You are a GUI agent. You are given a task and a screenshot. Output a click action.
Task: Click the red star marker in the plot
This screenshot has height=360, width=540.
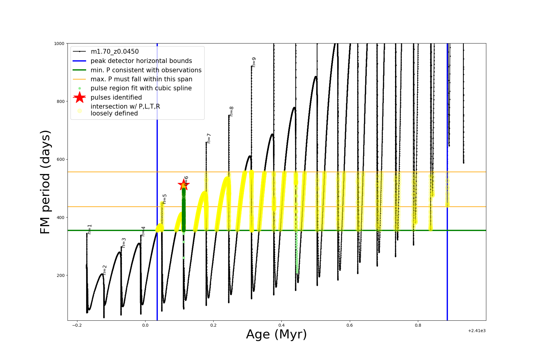coord(183,184)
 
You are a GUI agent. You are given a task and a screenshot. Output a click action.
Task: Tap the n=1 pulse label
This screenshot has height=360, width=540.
coord(89,229)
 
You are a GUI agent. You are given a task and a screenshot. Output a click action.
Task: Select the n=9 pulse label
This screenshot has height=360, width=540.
coord(254,62)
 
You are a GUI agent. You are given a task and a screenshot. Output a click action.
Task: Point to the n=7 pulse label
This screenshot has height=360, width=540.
coord(209,138)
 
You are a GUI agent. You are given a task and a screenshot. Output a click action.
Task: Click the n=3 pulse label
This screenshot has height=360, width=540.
coord(124,243)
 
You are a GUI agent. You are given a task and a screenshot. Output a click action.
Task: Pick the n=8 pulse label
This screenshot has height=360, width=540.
coord(231,111)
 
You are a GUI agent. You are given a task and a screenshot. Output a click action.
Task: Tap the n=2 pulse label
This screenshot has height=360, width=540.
coord(104,270)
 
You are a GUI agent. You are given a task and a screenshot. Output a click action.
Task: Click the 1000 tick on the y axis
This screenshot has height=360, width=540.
coord(59,43)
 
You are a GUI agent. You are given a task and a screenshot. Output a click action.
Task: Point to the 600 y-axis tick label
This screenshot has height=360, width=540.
coord(61,159)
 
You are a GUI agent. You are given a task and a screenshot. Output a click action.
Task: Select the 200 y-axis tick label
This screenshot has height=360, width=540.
coord(61,275)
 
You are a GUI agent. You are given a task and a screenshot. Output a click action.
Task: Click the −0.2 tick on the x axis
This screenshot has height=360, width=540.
coord(77,325)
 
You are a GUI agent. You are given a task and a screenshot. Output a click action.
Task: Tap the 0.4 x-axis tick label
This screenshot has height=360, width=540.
coord(281,325)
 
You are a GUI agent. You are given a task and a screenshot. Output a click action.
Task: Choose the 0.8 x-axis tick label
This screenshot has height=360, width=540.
coord(418,325)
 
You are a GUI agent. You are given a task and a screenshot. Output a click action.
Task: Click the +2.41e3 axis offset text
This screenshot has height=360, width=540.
coord(477,331)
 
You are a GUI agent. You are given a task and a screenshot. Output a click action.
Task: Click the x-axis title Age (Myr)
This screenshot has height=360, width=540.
coord(276,334)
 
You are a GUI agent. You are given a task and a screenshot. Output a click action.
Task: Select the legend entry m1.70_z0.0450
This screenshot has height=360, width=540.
coord(115,52)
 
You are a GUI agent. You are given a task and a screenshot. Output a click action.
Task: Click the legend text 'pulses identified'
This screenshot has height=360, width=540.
coord(116,97)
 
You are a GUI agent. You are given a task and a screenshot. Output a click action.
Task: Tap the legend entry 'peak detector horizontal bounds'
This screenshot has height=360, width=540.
coord(141,61)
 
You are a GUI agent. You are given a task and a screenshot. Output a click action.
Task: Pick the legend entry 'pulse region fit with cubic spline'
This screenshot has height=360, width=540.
coord(141,88)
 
